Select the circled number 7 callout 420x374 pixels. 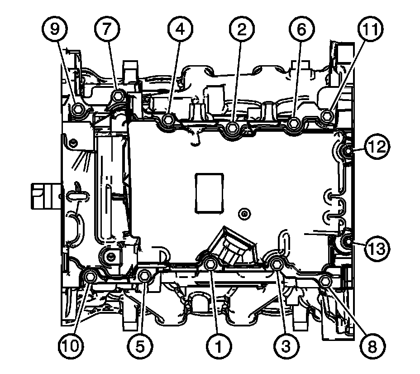pos(107,30)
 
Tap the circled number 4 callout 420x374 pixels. pos(180,30)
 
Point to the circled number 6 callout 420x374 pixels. pos(302,30)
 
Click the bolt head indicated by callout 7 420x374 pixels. pos(117,96)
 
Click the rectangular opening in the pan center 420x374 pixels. pos(209,192)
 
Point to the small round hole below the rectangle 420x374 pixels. pos(245,212)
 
